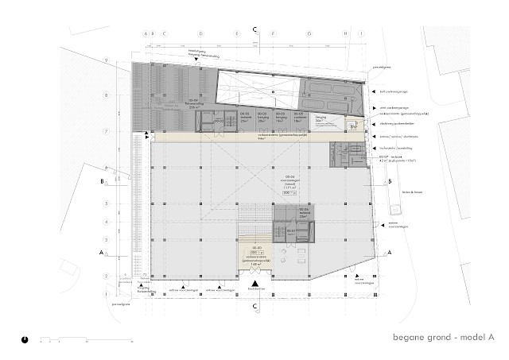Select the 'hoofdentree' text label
pos(254,293)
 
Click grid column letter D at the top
pos(200,34)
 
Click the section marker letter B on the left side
pos(102,181)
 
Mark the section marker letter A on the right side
pos(389,253)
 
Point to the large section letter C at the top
pos(254,29)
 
